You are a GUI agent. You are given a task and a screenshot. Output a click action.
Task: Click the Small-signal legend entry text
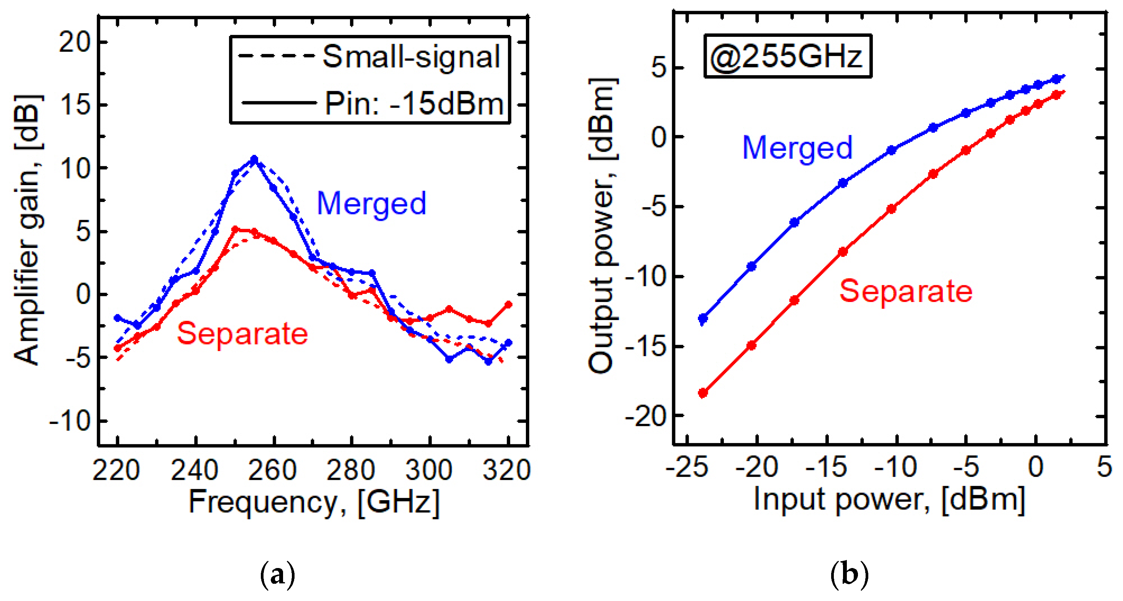(x=411, y=57)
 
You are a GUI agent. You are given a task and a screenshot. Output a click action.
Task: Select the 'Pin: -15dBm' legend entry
(x=413, y=104)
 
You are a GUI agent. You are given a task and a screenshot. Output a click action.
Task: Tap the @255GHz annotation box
(x=787, y=57)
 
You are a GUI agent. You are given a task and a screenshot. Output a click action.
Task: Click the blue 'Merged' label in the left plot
(x=372, y=203)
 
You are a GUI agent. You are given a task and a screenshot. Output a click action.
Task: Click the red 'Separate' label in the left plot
(x=242, y=333)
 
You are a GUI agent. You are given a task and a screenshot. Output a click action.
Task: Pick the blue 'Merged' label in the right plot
(x=797, y=148)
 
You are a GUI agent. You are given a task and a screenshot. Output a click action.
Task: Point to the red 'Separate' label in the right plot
(x=906, y=291)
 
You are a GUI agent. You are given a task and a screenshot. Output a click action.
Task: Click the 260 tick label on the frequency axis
(x=272, y=470)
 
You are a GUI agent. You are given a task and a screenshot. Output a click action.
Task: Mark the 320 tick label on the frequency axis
(x=507, y=470)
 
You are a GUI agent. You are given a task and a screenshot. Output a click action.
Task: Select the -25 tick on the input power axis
(x=688, y=467)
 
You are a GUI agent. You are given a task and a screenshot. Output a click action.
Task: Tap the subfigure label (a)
(x=277, y=575)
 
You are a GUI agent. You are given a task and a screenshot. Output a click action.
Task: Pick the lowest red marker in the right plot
(x=703, y=393)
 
